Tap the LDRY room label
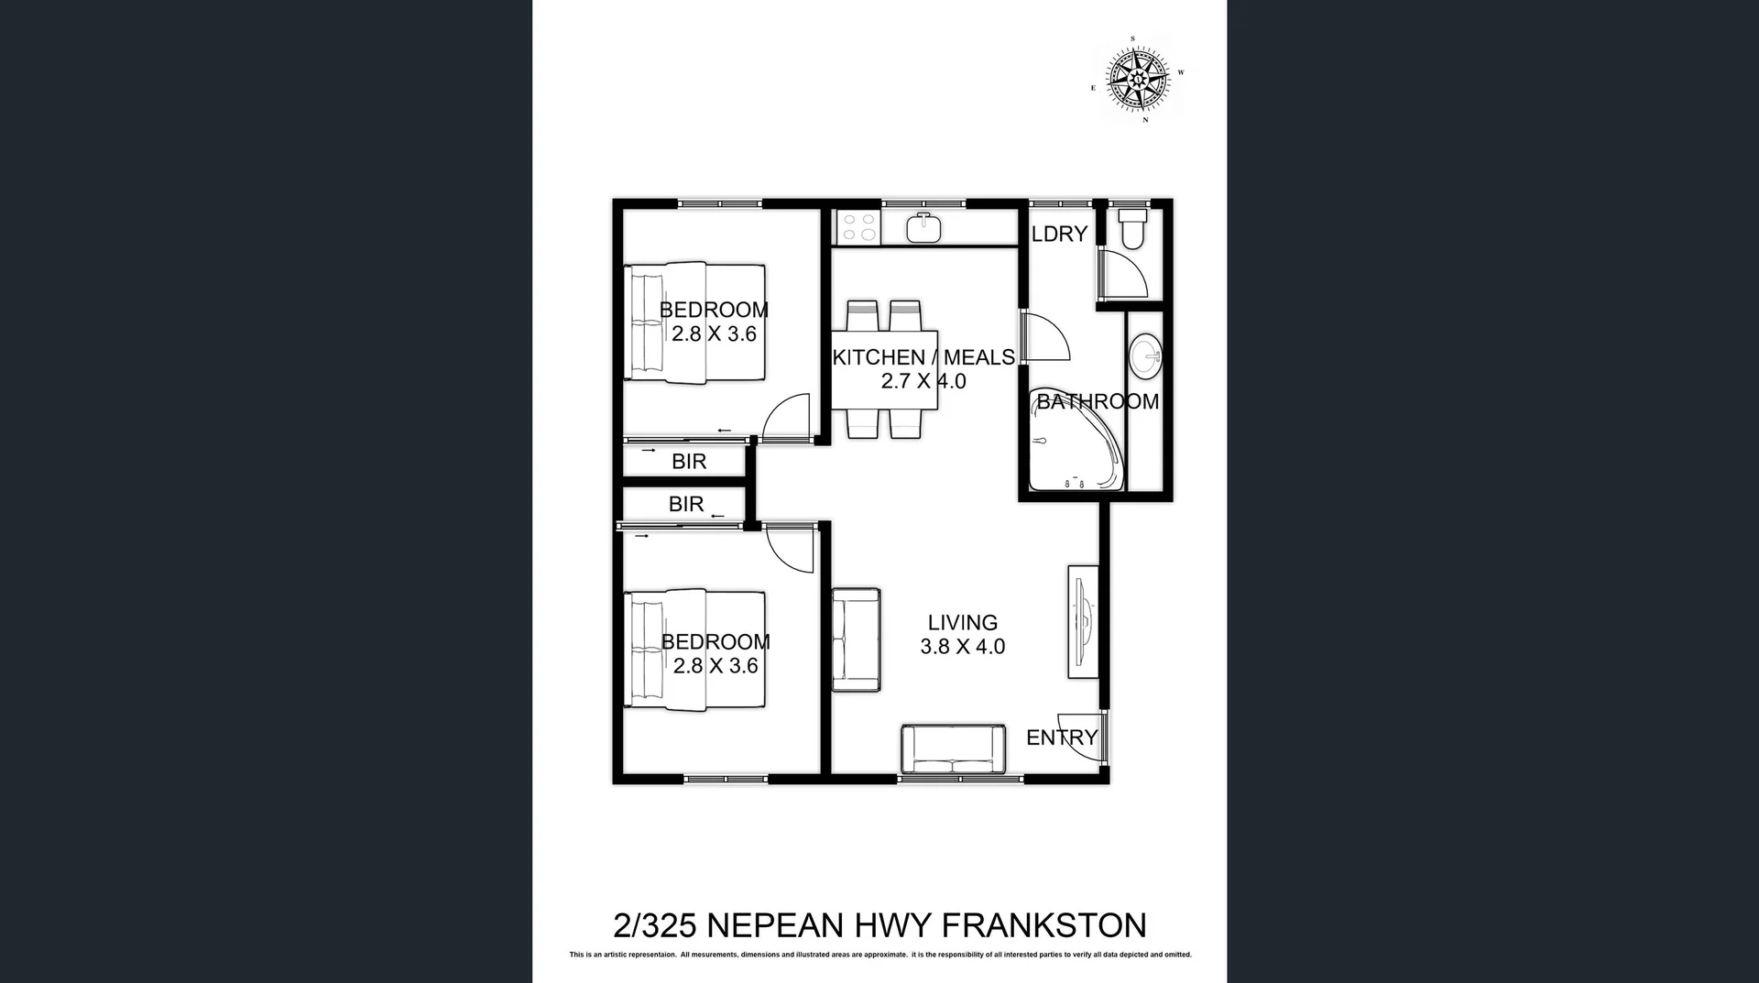(1059, 234)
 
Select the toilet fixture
(1133, 228)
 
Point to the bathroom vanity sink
(1144, 356)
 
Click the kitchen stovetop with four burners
(858, 227)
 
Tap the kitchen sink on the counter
(923, 227)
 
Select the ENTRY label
(1061, 737)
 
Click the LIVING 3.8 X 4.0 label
(962, 634)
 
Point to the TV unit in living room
(1083, 622)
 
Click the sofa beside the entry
(953, 749)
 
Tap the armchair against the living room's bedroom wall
(856, 639)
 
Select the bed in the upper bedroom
(694, 322)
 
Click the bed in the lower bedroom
(694, 650)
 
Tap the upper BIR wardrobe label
(689, 462)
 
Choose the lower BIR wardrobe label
(686, 504)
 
